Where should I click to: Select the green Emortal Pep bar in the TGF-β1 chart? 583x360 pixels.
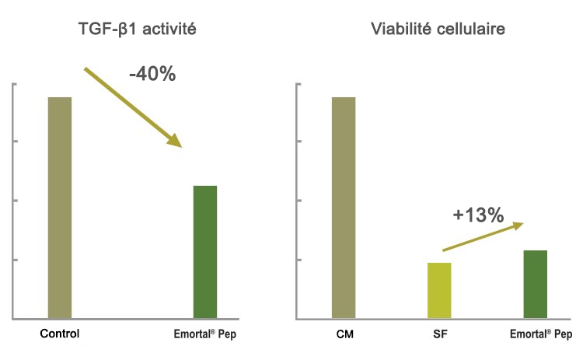pyautogui.click(x=205, y=252)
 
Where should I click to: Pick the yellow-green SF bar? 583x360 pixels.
pyautogui.click(x=439, y=291)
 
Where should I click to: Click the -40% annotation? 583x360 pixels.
pyautogui.click(x=152, y=75)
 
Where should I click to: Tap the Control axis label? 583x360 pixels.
pyautogui.click(x=60, y=335)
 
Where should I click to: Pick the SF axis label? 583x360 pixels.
pyautogui.click(x=439, y=335)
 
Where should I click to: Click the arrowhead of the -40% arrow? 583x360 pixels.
pyautogui.click(x=175, y=141)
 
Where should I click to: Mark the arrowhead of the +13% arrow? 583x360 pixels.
pyautogui.click(x=516, y=225)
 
